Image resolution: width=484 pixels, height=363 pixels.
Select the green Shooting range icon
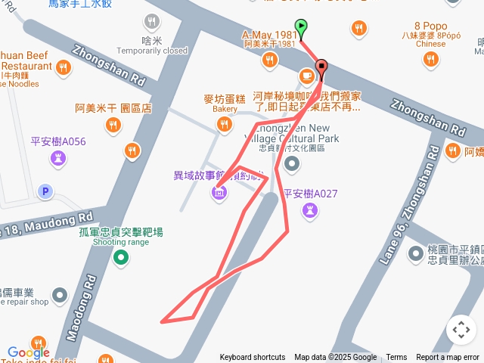coord(120,259)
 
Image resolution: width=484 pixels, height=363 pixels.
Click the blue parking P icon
coord(45,192)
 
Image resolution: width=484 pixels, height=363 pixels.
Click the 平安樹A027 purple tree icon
coord(309,211)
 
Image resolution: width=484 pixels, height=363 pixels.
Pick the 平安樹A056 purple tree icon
coord(58,158)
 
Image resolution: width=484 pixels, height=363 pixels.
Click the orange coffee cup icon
coord(306,76)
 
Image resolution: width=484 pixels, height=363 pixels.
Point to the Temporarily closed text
coord(153,51)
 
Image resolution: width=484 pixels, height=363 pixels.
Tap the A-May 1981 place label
coord(268,36)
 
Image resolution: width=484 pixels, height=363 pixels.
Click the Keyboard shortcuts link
coord(252,358)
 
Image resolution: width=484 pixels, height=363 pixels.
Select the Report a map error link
coord(448,358)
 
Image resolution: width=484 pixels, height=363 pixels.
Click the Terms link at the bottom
coord(396,358)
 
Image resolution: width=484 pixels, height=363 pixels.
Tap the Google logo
coord(29,352)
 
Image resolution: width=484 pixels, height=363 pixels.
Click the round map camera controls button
coord(461,330)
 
